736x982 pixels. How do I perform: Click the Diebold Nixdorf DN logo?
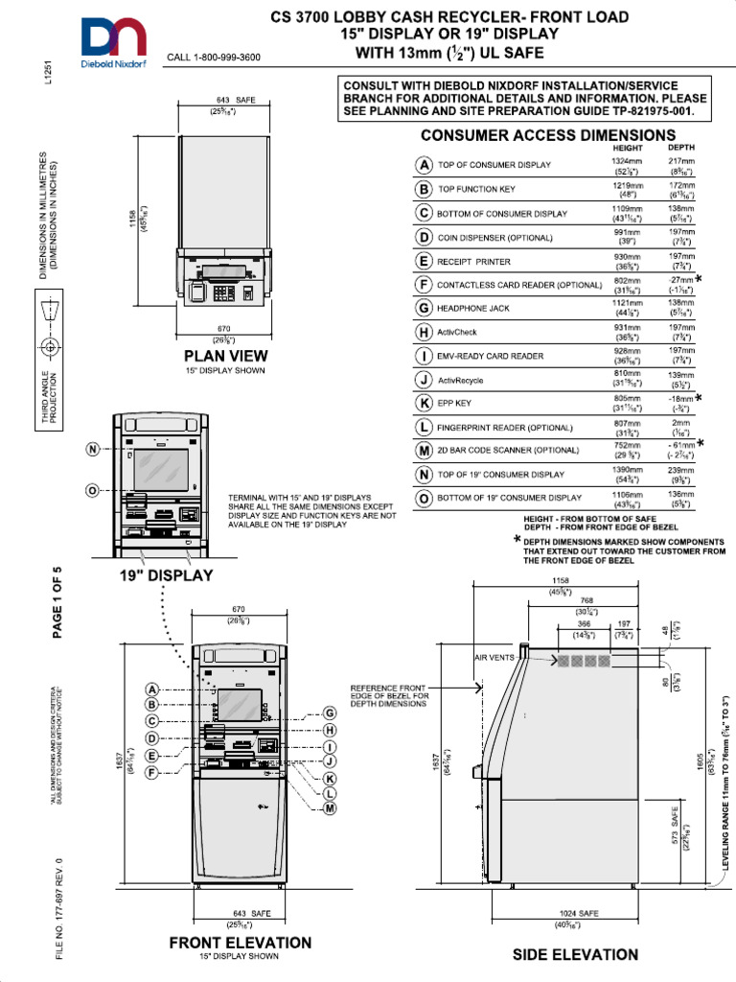click(x=113, y=40)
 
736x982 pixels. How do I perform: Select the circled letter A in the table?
click(x=423, y=165)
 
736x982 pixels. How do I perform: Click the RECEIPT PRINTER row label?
click(x=474, y=261)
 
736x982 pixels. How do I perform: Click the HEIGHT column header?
click(x=629, y=148)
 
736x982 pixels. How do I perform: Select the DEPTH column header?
click(x=681, y=148)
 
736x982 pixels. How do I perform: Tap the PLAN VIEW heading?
click(x=226, y=355)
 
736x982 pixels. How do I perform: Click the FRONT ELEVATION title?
click(x=240, y=943)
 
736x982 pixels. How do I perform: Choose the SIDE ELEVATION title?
click(x=574, y=954)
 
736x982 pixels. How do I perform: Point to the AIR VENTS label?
click(x=494, y=657)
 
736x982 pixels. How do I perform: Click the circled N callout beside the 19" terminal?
click(x=92, y=449)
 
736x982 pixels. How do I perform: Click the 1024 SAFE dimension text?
click(x=578, y=914)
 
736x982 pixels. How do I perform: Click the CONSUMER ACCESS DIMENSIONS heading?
click(x=547, y=136)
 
